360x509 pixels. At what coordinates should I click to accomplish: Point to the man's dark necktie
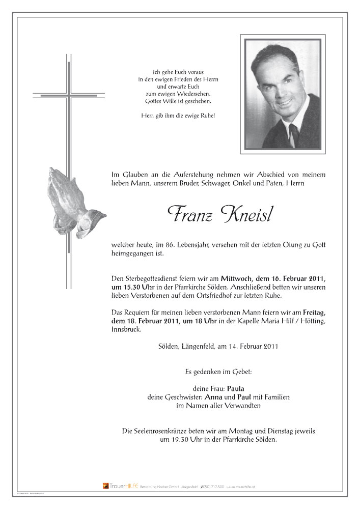tap(294, 134)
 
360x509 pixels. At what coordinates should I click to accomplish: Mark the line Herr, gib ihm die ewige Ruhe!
tap(178, 116)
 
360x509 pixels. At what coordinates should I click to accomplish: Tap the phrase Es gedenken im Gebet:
tap(218, 372)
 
